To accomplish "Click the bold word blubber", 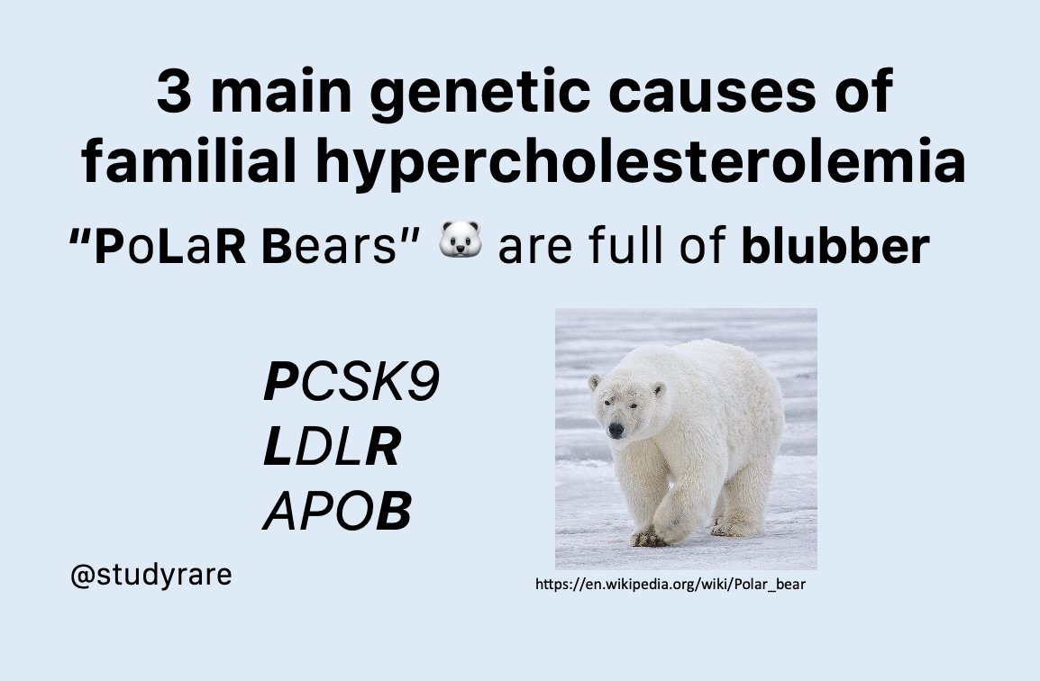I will [834, 247].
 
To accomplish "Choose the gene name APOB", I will [336, 514].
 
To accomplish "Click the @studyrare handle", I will [151, 575].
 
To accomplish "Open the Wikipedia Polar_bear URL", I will [670, 585].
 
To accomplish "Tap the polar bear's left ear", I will [658, 389].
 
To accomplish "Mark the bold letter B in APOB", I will [393, 514].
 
